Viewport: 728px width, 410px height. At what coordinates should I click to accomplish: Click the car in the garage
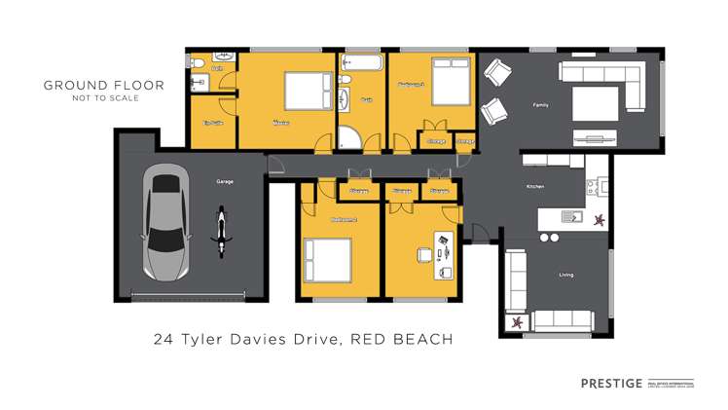pos(164,221)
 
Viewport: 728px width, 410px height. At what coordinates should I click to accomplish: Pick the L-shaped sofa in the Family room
pos(601,83)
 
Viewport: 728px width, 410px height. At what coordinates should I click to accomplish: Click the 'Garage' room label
pos(223,182)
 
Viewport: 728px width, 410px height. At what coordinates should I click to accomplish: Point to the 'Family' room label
pos(538,104)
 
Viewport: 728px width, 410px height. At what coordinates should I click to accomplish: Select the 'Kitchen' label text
pos(534,186)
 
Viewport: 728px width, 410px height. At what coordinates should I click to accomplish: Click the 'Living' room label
pos(565,275)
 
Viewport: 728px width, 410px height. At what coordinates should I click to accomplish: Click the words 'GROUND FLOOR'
pos(104,85)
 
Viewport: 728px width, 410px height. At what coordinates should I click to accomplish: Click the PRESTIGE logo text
pos(607,383)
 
